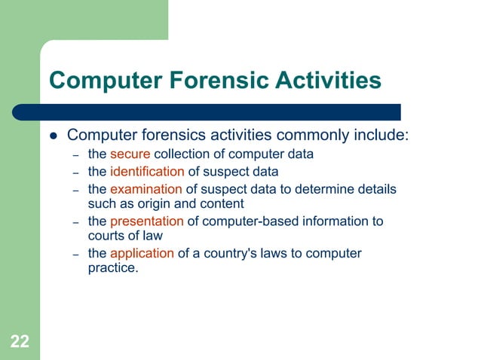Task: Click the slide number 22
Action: [20, 343]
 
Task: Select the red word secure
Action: [130, 154]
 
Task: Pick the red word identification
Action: [147, 172]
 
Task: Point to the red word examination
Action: [146, 189]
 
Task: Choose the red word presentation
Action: [147, 221]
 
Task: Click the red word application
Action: [142, 254]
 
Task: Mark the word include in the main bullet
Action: [381, 136]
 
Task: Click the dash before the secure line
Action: [75, 155]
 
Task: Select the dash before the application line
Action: [75, 255]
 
